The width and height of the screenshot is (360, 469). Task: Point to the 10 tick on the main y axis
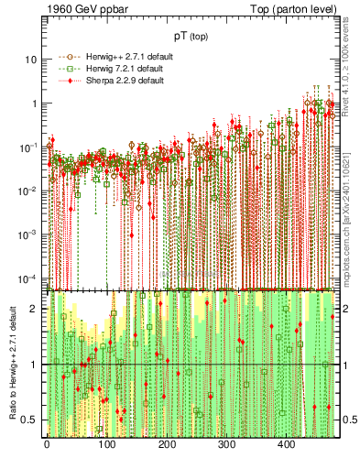click(30, 60)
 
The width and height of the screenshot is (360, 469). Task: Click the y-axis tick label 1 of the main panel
click(33, 104)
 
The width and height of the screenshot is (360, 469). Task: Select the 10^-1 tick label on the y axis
click(27, 147)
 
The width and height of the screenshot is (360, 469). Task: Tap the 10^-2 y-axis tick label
click(27, 191)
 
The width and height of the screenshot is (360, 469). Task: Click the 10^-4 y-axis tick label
click(27, 278)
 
